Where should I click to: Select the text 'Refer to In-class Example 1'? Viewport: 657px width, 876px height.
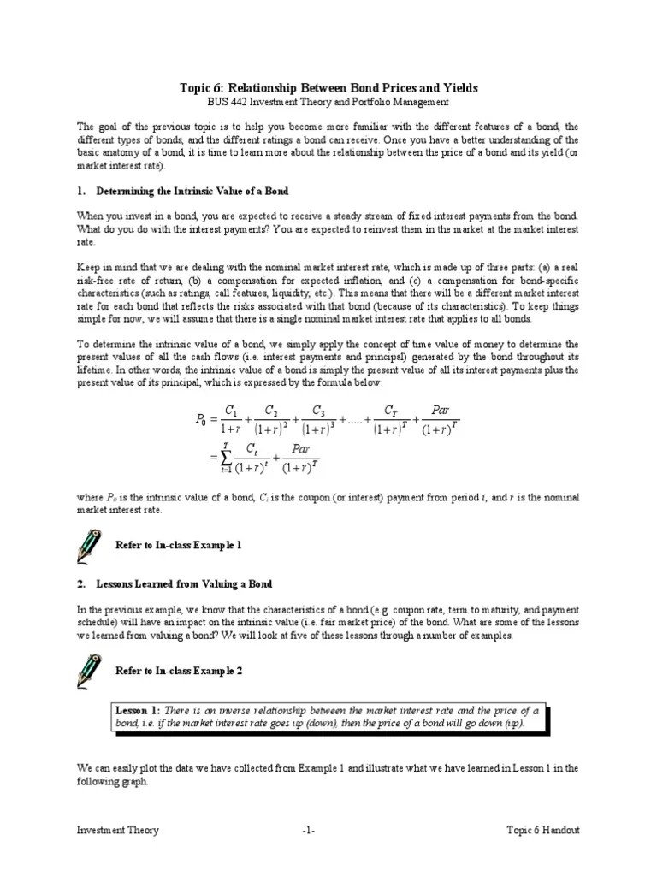pyautogui.click(x=179, y=545)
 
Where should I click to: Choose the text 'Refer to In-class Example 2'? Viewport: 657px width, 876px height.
pyautogui.click(x=179, y=672)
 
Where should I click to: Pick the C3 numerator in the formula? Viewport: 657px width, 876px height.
pyautogui.click(x=318, y=410)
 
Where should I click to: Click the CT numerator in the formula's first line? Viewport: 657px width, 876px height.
pyautogui.click(x=390, y=410)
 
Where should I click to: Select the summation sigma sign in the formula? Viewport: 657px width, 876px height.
pyautogui.click(x=227, y=459)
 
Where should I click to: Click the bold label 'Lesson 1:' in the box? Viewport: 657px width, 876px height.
pyautogui.click(x=139, y=711)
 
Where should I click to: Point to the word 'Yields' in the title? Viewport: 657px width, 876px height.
pyautogui.click(x=458, y=88)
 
